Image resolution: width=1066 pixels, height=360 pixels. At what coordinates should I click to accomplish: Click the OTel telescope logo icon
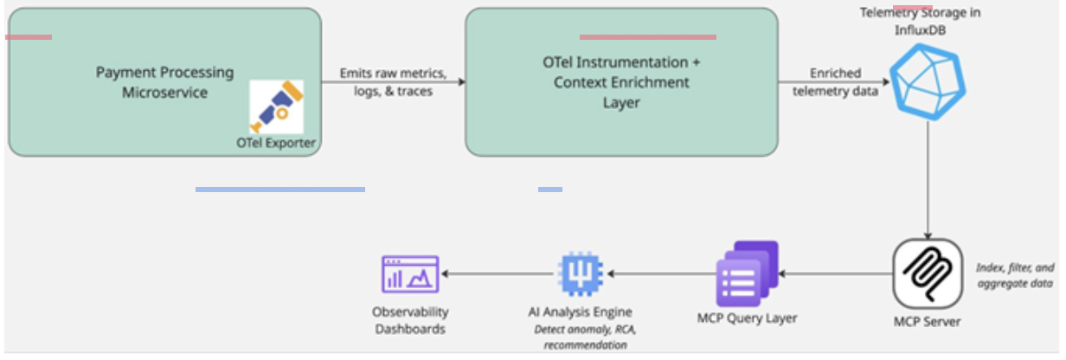point(277,106)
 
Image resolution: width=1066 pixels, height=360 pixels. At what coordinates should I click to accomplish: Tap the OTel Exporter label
point(276,143)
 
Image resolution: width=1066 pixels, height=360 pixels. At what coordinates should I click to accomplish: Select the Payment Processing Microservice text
point(164,82)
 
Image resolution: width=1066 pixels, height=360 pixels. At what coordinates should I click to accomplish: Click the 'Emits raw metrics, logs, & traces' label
point(393,82)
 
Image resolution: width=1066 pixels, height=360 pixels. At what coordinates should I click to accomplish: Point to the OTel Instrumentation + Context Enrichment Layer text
point(621,82)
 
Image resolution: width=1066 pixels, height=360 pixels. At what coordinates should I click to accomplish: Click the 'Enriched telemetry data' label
point(835,82)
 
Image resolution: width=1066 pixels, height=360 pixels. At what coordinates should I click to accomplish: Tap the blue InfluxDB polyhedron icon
point(928,81)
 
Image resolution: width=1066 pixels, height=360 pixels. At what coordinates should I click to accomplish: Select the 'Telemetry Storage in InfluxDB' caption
point(920,21)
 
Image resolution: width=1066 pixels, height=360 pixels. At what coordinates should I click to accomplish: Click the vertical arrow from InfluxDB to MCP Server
point(928,180)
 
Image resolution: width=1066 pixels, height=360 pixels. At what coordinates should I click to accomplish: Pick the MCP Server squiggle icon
point(928,273)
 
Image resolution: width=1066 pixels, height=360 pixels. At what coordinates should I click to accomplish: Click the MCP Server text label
point(927,322)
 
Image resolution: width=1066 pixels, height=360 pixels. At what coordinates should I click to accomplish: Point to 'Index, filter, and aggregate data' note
point(1015,275)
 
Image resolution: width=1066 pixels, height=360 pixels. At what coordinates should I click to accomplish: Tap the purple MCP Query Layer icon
point(748,273)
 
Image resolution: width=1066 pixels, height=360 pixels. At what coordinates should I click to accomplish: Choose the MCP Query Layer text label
point(747,318)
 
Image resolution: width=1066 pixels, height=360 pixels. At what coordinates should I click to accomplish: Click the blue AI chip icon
point(580,273)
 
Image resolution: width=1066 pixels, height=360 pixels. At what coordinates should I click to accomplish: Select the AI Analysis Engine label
point(580,312)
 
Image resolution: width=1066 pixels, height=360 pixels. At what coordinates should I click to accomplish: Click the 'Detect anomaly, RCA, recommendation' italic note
point(585,337)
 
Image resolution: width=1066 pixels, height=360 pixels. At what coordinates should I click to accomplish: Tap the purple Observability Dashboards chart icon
point(410,273)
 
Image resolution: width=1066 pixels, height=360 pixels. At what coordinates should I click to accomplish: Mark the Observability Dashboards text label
point(410,320)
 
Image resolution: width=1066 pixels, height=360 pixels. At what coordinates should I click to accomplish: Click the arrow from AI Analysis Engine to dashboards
point(498,273)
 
